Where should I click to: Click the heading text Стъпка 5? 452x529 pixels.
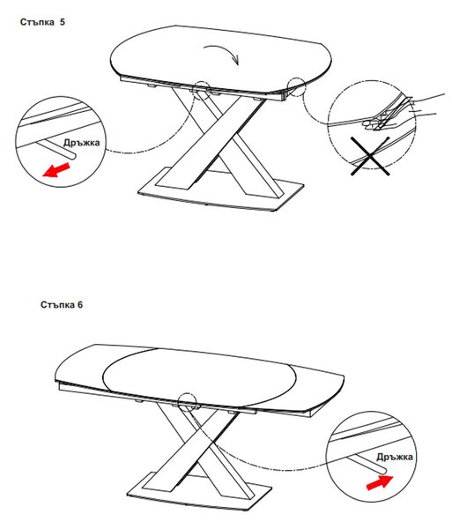pos(42,22)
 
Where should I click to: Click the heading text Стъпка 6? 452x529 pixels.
pos(62,305)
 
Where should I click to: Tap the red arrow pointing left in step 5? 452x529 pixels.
pos(56,169)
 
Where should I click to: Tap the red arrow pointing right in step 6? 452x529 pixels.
pos(380,482)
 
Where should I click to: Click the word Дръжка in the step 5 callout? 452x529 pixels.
pos(82,143)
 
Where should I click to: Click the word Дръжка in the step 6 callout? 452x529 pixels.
pos(395,457)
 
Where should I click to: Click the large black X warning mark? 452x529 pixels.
pos(370,155)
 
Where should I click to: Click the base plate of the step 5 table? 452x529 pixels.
pos(221,190)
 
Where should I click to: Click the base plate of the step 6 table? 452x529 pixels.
pos(199,493)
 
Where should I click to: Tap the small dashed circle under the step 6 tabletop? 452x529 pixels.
pos(187,402)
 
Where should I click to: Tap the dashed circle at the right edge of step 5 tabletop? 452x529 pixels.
pos(297,86)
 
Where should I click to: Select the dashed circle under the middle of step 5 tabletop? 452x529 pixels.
pos(203,90)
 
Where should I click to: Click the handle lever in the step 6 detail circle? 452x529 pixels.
pos(368,462)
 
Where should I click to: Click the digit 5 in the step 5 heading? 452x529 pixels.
pos(63,22)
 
